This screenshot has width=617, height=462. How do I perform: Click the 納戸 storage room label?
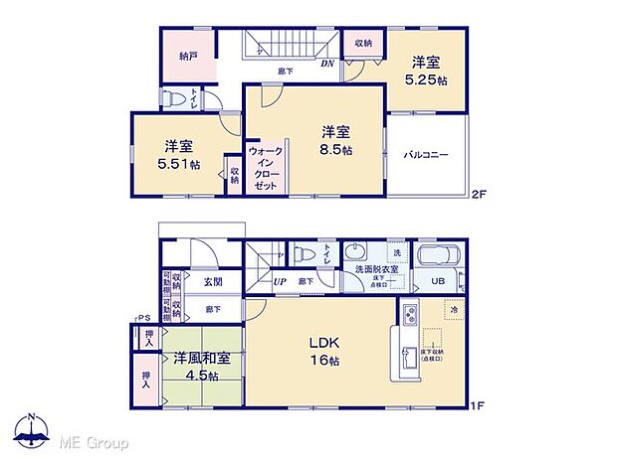pyautogui.click(x=189, y=58)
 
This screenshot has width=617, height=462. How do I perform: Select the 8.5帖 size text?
pyautogui.click(x=335, y=154)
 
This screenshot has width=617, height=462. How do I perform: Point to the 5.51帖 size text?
pyautogui.click(x=178, y=164)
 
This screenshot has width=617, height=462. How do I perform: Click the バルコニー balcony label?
pyautogui.click(x=427, y=155)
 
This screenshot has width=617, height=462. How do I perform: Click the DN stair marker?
pyautogui.click(x=329, y=65)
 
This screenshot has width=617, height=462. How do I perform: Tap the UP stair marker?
pyautogui.click(x=282, y=281)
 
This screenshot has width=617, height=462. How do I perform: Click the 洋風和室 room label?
pyautogui.click(x=197, y=358)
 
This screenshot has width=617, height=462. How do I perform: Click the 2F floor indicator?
pyautogui.click(x=480, y=195)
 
